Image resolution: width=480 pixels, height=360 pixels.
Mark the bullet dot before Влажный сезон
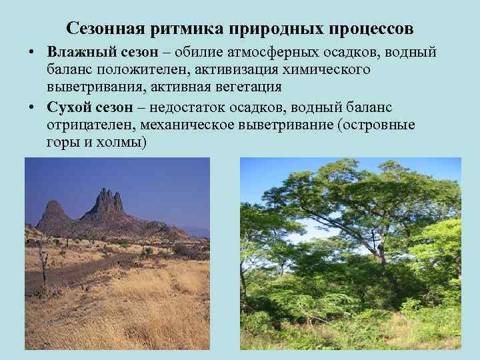33,53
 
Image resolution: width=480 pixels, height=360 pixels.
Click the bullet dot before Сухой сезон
33,108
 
